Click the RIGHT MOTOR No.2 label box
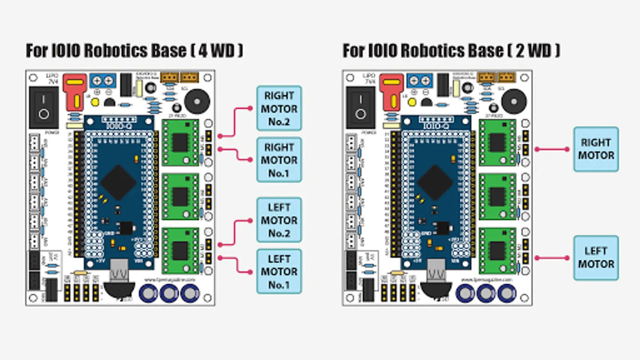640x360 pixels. pos(279,108)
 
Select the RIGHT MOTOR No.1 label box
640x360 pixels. pos(279,160)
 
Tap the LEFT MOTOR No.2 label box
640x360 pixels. pos(279,220)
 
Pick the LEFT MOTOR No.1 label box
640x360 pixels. pos(279,272)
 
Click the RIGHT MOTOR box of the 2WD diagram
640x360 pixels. pos(596,149)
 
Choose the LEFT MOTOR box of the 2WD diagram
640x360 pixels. pos(596,258)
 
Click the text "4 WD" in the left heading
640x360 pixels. pos(216,51)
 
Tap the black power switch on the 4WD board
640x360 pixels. pos(44,107)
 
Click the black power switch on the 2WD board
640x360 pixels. pos(360,107)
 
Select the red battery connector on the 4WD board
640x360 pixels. pos(75,92)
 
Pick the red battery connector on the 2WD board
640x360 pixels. pos(392,92)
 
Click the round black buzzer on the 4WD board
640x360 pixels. pos(196,101)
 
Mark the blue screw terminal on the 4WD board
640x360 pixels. pos(103,81)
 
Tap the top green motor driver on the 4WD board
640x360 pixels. pos(180,142)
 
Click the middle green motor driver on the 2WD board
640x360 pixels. pos(497,196)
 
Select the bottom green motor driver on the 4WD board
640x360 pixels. pos(180,251)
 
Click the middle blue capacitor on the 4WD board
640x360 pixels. pos(169,294)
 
